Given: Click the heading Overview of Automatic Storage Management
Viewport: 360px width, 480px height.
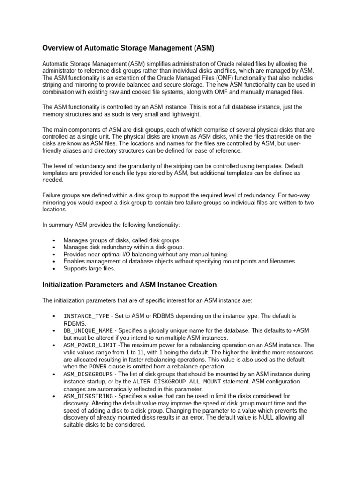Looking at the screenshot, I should [x=129, y=48].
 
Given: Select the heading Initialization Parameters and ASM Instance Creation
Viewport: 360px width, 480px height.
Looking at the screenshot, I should [x=129, y=285].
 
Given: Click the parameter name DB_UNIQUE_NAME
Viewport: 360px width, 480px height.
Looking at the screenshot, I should [x=88, y=331].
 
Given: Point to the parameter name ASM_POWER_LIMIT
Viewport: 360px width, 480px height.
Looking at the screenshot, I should [x=90, y=345].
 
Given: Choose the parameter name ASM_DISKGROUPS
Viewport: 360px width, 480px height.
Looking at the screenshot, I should [x=88, y=375].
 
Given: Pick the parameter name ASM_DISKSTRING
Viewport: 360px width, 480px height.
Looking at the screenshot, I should [x=88, y=396].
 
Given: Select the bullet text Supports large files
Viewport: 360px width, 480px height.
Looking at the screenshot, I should [x=89, y=269].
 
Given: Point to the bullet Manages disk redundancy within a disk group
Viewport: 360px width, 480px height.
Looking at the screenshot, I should [x=124, y=247].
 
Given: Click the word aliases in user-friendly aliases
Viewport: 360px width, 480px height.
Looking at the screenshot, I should [x=75, y=150].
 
